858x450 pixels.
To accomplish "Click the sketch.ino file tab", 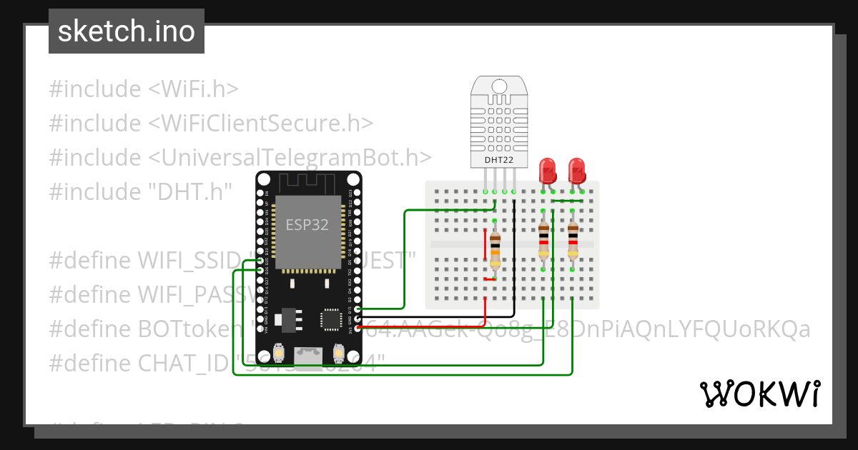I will [127, 31].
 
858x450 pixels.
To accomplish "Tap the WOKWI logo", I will [759, 394].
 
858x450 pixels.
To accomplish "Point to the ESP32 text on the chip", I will [307, 224].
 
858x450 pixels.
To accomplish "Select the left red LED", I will [548, 171].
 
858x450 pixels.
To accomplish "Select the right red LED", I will [577, 171].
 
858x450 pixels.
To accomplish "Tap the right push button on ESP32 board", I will [339, 353].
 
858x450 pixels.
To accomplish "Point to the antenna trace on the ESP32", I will [308, 180].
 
